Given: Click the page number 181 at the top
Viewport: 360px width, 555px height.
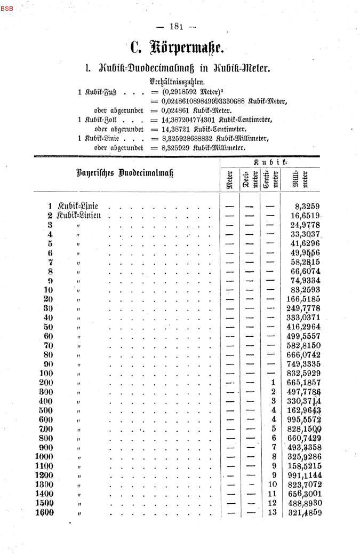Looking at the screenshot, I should click(x=176, y=27).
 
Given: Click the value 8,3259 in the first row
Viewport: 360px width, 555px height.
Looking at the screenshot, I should click(x=307, y=206).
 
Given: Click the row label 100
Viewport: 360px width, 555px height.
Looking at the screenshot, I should click(x=46, y=372).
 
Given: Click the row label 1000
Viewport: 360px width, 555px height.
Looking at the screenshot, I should click(x=44, y=456).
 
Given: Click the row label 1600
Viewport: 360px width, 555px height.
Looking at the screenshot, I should click(x=44, y=512).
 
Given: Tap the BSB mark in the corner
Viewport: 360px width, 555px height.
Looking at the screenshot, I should click(x=7, y=9).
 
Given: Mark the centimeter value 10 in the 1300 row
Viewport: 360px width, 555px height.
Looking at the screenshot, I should click(x=272, y=485).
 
